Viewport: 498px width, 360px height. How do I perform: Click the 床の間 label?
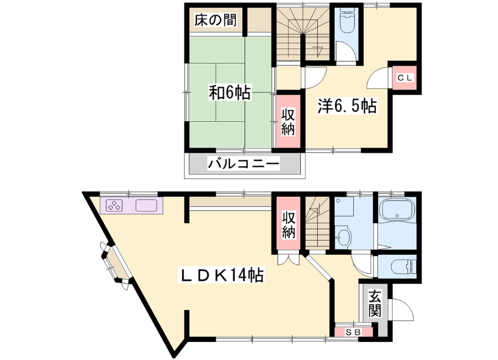[216, 21]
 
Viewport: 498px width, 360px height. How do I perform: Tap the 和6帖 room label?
[230, 92]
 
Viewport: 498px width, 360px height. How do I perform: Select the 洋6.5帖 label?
[347, 106]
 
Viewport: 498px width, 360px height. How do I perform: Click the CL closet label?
[404, 78]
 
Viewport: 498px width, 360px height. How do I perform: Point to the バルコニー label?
[243, 165]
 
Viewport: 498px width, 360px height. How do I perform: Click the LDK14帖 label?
[222, 275]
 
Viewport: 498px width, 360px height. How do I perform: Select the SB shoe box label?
[353, 332]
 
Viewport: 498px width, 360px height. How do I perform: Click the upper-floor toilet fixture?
[347, 20]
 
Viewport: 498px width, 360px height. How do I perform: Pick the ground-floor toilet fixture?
[402, 266]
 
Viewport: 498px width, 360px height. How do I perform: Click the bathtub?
[397, 210]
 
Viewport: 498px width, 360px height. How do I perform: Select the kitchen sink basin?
[146, 205]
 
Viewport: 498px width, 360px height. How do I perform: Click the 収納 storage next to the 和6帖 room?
[288, 121]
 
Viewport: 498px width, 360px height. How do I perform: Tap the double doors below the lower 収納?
[288, 259]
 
